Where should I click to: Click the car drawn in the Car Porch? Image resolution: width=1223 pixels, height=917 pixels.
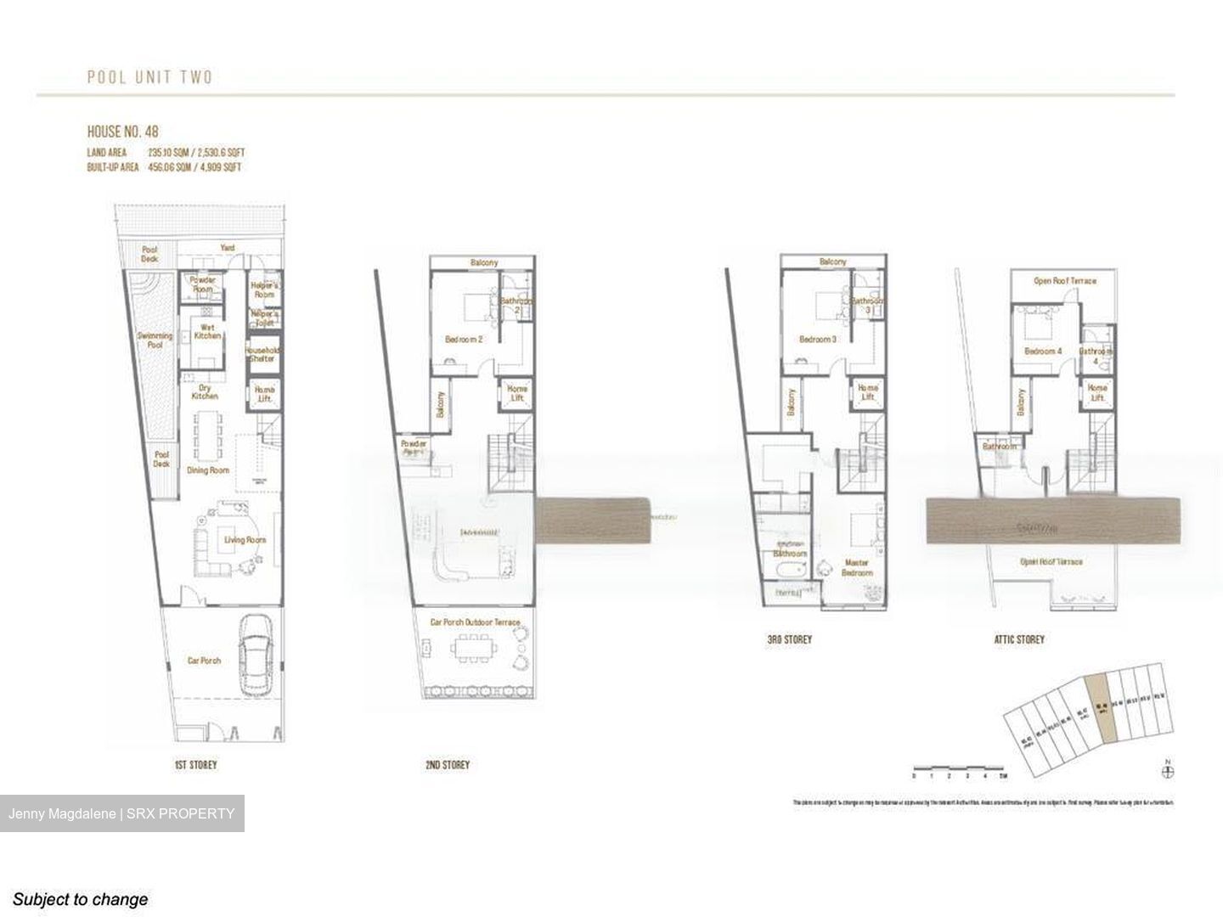point(256,654)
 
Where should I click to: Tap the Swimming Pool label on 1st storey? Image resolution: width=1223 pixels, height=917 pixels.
point(155,340)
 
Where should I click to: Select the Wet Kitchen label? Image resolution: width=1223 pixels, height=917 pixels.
point(207,331)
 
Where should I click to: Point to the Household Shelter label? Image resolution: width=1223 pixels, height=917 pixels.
point(262,353)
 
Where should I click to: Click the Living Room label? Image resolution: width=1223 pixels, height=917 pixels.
point(245,540)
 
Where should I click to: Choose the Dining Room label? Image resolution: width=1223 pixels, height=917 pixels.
point(208,470)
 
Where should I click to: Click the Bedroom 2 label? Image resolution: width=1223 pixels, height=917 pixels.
point(464,340)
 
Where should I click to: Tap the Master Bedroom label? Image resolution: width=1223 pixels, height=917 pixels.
point(857,567)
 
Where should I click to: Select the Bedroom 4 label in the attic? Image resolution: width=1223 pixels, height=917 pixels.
point(1043,352)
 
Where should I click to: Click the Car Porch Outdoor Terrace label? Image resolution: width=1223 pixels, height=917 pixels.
point(475,622)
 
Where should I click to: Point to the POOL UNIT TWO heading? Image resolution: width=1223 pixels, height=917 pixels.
point(150,77)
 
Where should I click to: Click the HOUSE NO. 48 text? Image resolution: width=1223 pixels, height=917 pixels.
point(122,132)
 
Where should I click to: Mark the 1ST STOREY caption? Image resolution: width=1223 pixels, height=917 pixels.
point(195,765)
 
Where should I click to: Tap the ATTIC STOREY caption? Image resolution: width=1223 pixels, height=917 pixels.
point(1019,639)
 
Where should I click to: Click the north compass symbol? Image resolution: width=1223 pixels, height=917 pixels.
point(1169,771)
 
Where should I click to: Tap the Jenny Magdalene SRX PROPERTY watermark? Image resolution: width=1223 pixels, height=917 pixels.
point(121,813)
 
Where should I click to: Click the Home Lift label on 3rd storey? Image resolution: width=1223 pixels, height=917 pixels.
point(868,392)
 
